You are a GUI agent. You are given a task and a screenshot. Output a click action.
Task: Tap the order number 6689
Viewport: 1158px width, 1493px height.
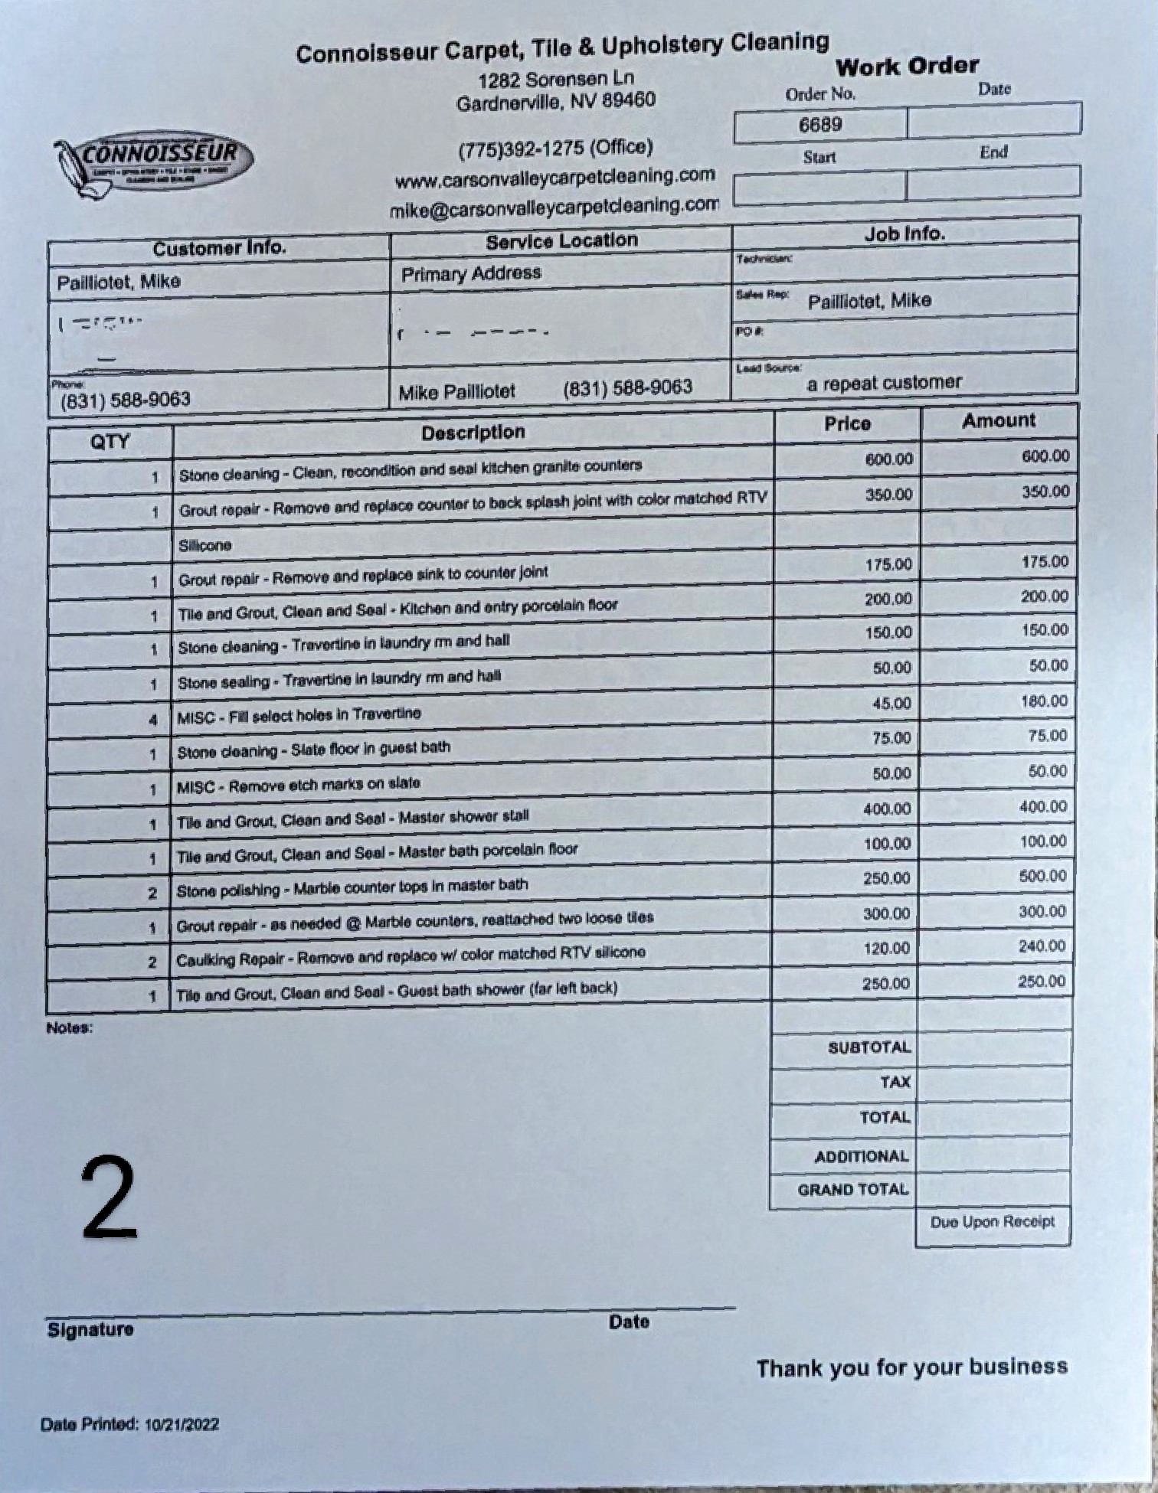820,125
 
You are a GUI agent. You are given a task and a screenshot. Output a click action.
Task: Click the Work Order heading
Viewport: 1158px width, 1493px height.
907,67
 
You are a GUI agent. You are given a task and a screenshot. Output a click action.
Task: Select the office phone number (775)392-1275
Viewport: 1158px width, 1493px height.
554,147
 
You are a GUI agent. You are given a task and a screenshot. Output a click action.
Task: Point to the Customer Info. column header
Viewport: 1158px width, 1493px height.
219,249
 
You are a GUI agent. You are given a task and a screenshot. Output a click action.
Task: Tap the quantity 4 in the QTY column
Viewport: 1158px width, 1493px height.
153,719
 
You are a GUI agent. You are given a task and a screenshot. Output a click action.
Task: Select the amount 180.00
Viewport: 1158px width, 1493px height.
1043,701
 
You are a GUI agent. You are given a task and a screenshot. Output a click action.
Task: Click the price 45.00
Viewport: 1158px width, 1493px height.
891,703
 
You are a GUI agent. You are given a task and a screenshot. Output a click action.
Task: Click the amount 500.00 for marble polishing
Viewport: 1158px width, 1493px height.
1042,876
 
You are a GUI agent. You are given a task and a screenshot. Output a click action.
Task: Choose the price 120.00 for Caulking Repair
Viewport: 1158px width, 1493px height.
886,949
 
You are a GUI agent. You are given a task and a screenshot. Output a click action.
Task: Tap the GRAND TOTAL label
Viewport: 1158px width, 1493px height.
852,1190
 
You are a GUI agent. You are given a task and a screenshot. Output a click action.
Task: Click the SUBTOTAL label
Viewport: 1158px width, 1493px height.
869,1047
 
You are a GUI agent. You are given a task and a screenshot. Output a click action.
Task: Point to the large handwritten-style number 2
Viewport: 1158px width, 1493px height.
110,1198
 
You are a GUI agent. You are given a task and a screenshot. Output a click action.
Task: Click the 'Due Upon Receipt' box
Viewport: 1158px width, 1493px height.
992,1222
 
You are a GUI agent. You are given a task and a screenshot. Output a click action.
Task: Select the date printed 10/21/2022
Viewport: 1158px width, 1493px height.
182,1424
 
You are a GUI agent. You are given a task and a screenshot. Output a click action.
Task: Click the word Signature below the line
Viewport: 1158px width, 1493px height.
90,1329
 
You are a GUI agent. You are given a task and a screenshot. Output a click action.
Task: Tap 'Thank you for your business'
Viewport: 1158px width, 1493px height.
911,1367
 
